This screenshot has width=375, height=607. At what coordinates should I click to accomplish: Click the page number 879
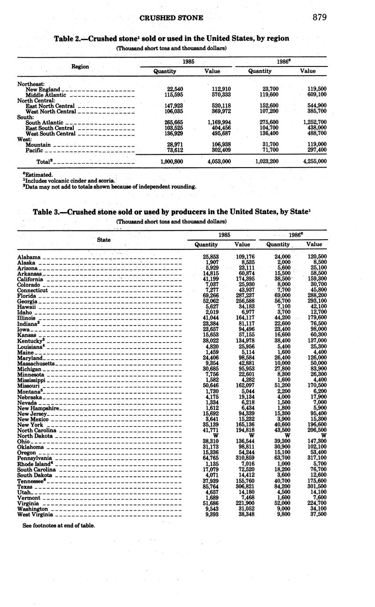320,17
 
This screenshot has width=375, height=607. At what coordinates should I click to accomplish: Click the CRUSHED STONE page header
171,18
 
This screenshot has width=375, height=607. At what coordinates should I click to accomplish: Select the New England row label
43,89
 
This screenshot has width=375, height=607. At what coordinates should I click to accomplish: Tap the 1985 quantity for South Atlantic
172,122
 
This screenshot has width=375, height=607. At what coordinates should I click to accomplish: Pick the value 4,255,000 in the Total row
315,161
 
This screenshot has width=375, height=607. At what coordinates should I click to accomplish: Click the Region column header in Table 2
80,66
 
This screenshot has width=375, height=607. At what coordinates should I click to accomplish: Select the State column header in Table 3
104,240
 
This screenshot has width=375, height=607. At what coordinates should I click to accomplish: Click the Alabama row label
29,257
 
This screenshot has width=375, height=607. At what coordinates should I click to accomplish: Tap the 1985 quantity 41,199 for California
211,279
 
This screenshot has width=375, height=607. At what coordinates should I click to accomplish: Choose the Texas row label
25,486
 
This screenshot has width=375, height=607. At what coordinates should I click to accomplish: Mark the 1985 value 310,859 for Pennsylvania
242,458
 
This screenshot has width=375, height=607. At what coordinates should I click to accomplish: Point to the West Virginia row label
35,514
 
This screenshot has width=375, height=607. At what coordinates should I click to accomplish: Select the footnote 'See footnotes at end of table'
58,525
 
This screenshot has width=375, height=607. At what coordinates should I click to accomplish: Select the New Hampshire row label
38,408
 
